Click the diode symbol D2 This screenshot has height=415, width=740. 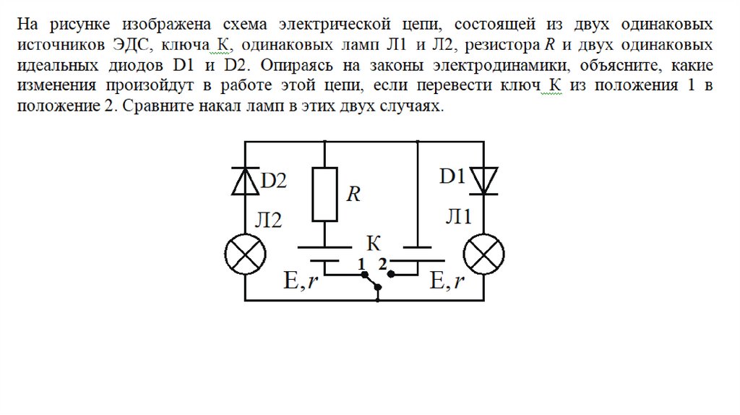point(246,180)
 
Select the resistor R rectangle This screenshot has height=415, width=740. point(324,194)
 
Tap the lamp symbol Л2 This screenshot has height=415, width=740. point(246,254)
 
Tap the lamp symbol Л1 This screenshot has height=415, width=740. point(483,254)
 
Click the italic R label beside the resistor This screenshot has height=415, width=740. point(353,194)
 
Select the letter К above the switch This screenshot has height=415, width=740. point(373,241)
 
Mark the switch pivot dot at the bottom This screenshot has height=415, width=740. point(377,287)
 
